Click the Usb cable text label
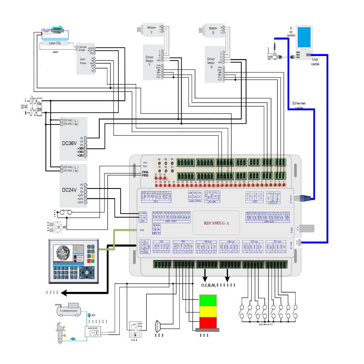click(x=315, y=62)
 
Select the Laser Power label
click(x=83, y=61)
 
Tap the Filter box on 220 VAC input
click(x=39, y=106)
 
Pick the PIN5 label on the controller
click(x=145, y=175)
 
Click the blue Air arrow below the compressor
click(x=89, y=315)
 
